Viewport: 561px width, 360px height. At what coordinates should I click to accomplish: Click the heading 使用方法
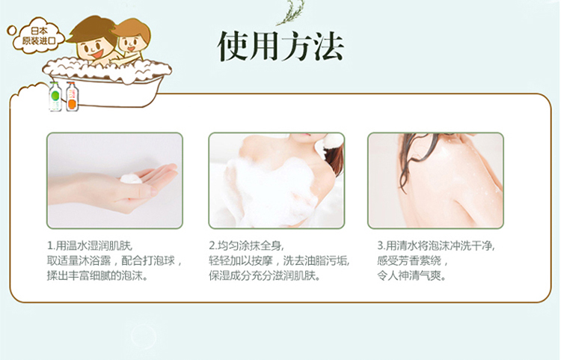(280, 46)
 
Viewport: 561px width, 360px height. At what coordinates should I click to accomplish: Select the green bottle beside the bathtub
(55, 97)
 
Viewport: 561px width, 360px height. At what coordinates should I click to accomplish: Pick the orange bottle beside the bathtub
(72, 97)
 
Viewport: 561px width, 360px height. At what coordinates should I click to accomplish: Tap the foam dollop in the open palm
(131, 179)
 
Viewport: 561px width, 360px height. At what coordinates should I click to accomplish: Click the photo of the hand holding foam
(114, 180)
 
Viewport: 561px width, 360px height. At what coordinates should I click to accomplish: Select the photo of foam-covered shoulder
(277, 180)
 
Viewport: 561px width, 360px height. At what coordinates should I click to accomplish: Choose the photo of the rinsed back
(435, 180)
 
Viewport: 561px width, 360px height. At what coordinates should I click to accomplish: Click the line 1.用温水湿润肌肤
(90, 245)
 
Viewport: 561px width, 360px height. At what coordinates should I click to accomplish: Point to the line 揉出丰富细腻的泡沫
(97, 276)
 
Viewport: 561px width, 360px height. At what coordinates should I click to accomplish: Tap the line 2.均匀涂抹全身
(246, 245)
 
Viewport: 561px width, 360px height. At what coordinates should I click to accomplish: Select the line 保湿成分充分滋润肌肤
(264, 276)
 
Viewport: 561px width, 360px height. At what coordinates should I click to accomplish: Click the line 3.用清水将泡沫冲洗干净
(436, 245)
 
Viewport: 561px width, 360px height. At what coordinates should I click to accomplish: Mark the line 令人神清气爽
(412, 276)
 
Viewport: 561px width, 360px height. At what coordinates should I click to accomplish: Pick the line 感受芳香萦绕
(412, 261)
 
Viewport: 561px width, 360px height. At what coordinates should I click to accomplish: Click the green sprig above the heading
(291, 13)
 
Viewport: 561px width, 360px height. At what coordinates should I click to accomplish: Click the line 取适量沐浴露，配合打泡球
(114, 261)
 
